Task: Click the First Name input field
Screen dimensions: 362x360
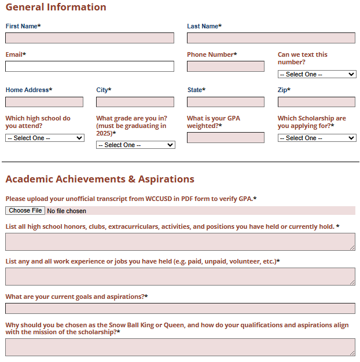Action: (90, 38)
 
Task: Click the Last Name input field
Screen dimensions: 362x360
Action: (271, 38)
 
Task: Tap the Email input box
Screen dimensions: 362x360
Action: (90, 67)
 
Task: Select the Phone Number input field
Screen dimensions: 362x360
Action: (226, 67)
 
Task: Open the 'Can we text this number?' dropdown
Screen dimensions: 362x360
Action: (317, 74)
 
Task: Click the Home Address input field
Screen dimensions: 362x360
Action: (45, 102)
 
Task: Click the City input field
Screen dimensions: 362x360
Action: (135, 102)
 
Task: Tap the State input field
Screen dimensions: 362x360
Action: (226, 102)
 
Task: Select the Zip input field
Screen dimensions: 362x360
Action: (316, 102)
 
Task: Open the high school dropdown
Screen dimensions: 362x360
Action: (45, 138)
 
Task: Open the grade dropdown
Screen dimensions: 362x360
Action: (135, 145)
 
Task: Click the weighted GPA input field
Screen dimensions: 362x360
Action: (226, 138)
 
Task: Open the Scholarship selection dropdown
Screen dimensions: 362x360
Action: (317, 138)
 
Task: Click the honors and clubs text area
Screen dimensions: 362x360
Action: (180, 242)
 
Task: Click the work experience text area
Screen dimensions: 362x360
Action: (180, 276)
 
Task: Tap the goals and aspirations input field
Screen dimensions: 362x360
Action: (180, 308)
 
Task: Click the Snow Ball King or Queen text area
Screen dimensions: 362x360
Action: (180, 347)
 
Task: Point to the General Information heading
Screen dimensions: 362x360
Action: (56, 8)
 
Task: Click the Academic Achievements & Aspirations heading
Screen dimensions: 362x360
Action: (100, 179)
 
